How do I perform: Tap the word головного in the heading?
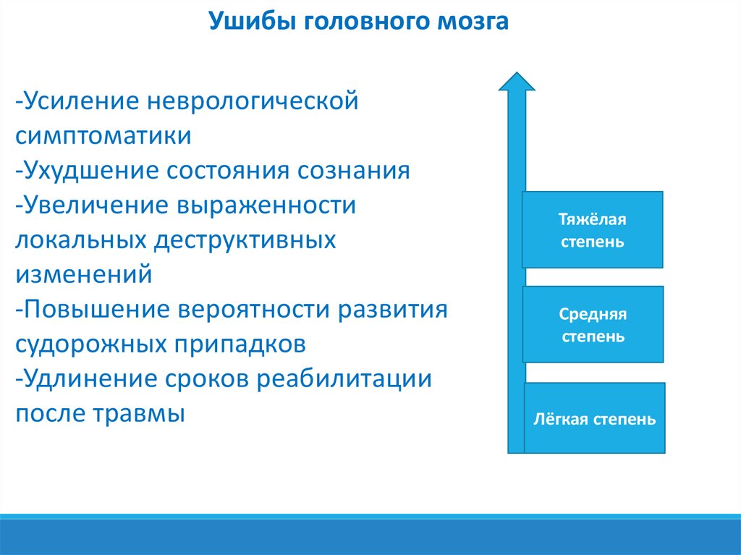[x=365, y=22]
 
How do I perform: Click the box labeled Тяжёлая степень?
[x=593, y=230]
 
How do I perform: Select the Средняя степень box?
[x=593, y=324]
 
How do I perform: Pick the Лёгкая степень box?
[x=595, y=418]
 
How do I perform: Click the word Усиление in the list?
[x=81, y=101]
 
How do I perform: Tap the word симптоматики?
[x=103, y=137]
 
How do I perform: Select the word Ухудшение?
[x=90, y=171]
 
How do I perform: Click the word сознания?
[x=353, y=171]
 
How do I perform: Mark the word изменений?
[x=84, y=275]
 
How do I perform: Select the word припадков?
[x=240, y=344]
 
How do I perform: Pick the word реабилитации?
[x=344, y=379]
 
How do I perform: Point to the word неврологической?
[x=253, y=101]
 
